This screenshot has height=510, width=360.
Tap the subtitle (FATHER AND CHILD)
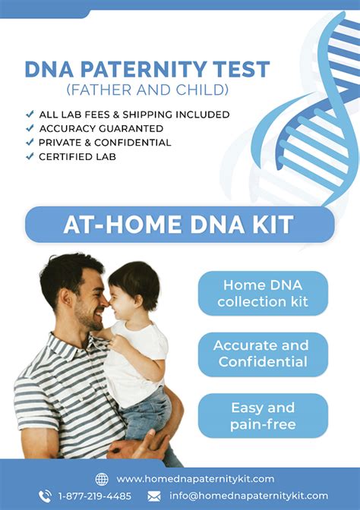(x=147, y=90)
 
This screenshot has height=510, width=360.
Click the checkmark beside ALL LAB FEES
(x=30, y=114)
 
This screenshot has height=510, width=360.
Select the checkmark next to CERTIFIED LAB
(x=30, y=156)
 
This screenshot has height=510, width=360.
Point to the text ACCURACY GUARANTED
(x=101, y=128)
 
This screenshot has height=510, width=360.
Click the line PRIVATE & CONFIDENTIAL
(x=105, y=143)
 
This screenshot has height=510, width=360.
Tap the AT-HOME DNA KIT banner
(x=180, y=225)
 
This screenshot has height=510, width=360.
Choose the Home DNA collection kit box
(x=263, y=294)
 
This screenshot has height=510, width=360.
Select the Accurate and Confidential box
(x=263, y=354)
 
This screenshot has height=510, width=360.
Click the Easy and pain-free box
(x=263, y=416)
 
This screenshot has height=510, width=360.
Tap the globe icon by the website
(x=102, y=479)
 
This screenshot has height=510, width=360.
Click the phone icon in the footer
(x=45, y=496)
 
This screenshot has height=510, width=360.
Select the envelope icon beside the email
(x=154, y=496)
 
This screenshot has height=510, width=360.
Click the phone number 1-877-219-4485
(x=95, y=496)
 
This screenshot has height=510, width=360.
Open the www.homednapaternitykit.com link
(x=195, y=479)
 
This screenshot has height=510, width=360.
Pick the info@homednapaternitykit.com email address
(x=248, y=496)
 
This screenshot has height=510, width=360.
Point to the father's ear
(x=65, y=297)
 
